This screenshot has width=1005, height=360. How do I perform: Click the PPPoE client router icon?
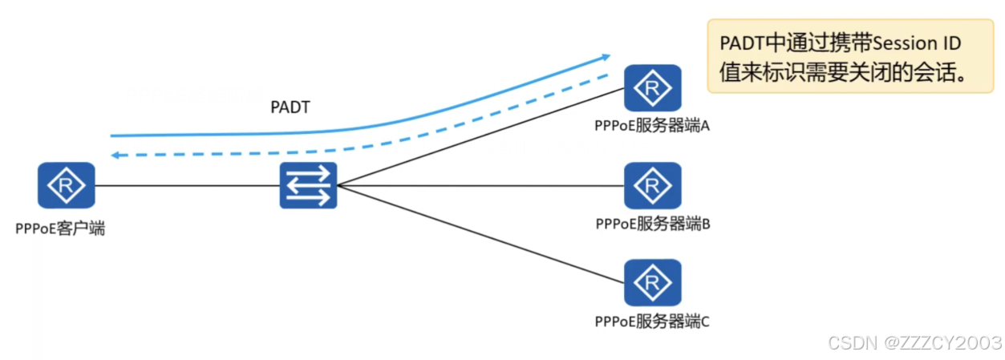[66, 185]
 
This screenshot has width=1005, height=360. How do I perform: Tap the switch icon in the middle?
[308, 185]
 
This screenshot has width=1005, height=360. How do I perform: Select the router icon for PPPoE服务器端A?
[652, 87]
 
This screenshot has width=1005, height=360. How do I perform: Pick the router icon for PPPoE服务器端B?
[652, 185]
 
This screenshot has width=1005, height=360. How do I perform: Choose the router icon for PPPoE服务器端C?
[652, 283]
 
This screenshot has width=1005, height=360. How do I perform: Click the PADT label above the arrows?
[290, 107]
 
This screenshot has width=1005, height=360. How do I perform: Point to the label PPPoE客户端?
[60, 229]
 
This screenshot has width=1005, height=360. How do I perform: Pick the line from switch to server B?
[481, 185]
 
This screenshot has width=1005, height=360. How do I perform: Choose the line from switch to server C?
[481, 234]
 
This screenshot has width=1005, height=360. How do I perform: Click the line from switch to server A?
[481, 137]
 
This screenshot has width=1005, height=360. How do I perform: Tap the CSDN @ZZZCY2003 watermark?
[914, 343]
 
